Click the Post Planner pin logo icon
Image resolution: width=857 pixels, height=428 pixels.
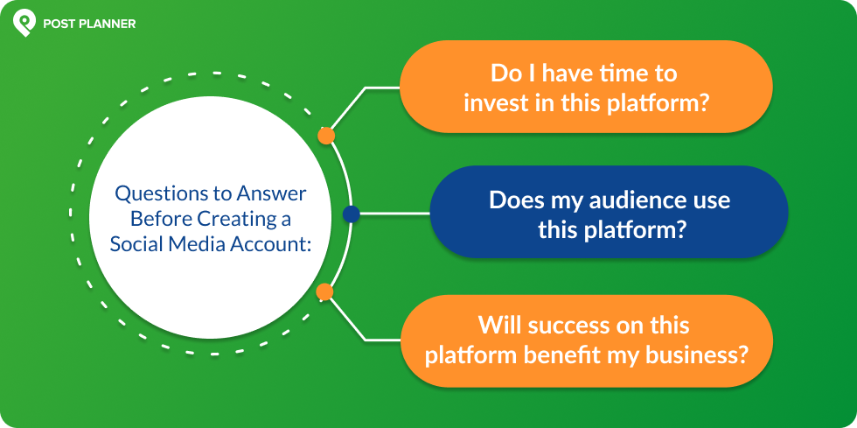click(x=24, y=24)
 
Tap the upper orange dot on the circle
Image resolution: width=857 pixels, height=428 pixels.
click(x=326, y=136)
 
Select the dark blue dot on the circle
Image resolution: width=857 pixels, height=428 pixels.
click(x=351, y=214)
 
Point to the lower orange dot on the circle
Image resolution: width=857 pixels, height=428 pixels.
click(x=324, y=291)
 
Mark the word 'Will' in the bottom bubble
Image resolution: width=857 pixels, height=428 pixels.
click(x=498, y=326)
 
